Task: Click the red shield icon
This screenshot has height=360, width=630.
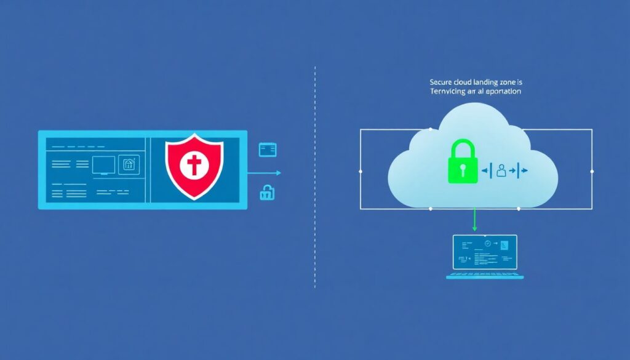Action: pyautogui.click(x=194, y=167)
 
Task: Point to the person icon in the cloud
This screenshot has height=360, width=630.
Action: pyautogui.click(x=501, y=171)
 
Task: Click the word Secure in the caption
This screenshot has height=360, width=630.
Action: pyautogui.click(x=426, y=81)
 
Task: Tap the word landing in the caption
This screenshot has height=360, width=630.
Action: pyautogui.click(x=473, y=81)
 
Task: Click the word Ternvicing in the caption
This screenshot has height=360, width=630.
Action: pyautogui.click(x=432, y=90)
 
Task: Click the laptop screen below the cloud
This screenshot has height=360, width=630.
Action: pyautogui.click(x=485, y=252)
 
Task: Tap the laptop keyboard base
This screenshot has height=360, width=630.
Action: pyautogui.click(x=485, y=276)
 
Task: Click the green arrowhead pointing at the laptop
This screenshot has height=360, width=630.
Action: pyautogui.click(x=474, y=228)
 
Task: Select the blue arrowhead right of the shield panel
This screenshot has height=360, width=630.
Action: pyautogui.click(x=278, y=173)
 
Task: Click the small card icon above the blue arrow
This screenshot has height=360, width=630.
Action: pyautogui.click(x=268, y=149)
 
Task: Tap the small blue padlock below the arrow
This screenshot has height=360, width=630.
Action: pyautogui.click(x=267, y=193)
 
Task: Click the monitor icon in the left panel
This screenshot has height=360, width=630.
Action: pyautogui.click(x=103, y=164)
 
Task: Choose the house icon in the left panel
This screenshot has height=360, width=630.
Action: pyautogui.click(x=129, y=164)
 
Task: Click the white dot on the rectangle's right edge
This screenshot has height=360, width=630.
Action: pyautogui.click(x=592, y=171)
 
